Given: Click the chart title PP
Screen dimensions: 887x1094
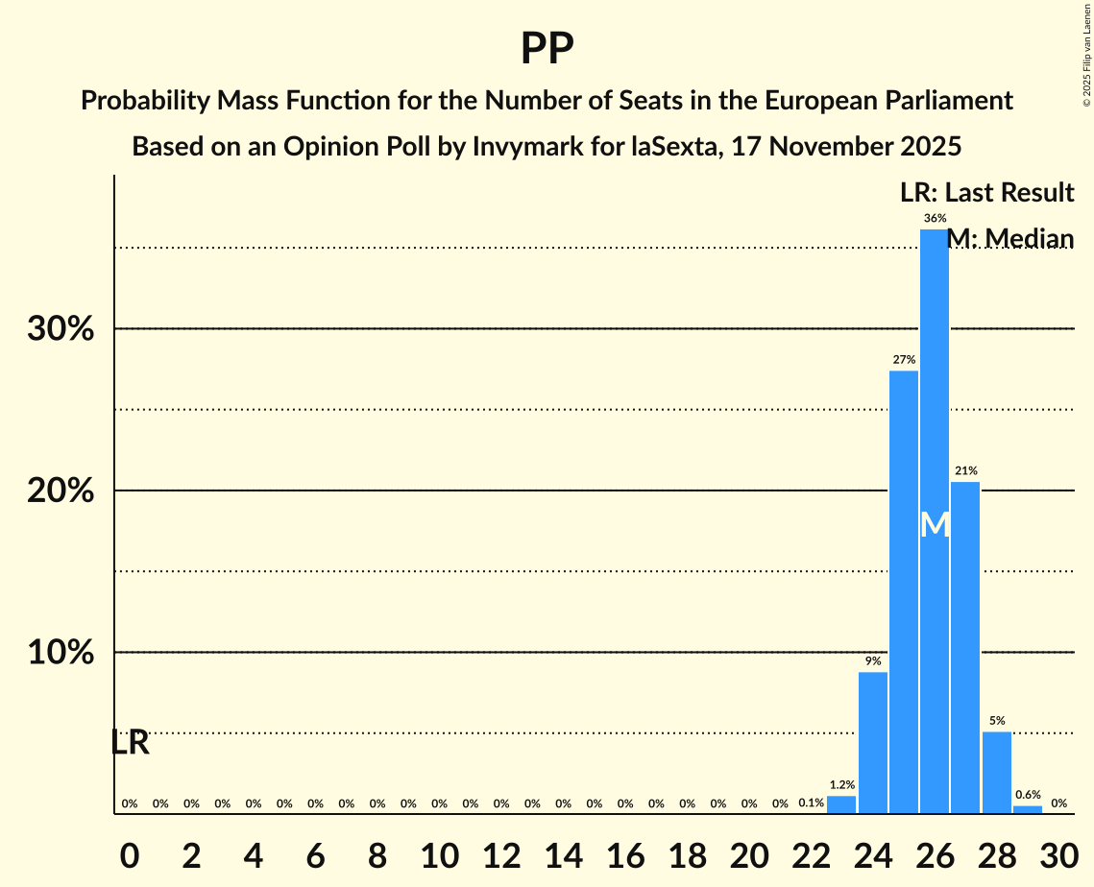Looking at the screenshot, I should pos(547,49).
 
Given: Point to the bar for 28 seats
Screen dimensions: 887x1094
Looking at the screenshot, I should pos(997,772).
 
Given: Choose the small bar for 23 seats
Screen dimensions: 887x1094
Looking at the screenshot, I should pos(841,804).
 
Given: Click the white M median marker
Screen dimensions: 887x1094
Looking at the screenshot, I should pos(935,524).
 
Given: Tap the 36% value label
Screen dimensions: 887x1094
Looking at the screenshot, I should pos(935,219).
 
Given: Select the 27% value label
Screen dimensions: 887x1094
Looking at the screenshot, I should pos(904,360).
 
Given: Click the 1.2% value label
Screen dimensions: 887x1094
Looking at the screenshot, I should pos(841,785).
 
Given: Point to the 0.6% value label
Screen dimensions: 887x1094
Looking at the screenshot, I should pos(1028,795).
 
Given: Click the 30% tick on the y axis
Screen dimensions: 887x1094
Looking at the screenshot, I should pos(60,329).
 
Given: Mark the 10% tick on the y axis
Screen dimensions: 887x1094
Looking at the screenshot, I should pos(60,653).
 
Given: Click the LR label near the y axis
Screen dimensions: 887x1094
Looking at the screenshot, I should pos(130,742).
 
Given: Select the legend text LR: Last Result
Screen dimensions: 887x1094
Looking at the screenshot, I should pos(987,193).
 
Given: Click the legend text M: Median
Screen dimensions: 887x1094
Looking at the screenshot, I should pos(1010,238).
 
